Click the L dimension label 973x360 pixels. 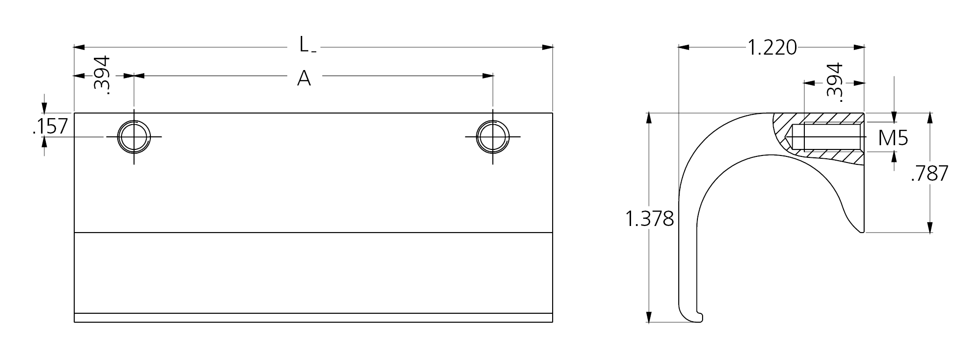pos(304,45)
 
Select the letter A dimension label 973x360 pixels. pos(304,78)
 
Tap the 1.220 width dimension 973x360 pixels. pos(772,48)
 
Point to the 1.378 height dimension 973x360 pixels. pos(649,219)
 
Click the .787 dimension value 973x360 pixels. pos(930,174)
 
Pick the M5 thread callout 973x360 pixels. pos(893,138)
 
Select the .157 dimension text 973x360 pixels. pos(50,127)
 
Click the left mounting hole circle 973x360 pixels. pos(134,137)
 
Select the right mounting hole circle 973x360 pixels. pos(493,137)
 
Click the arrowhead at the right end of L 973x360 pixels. pos(547,47)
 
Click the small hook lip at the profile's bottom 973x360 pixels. pos(699,318)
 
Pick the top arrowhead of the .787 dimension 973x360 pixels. pos(930,118)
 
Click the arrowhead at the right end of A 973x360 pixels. pos(488,76)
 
